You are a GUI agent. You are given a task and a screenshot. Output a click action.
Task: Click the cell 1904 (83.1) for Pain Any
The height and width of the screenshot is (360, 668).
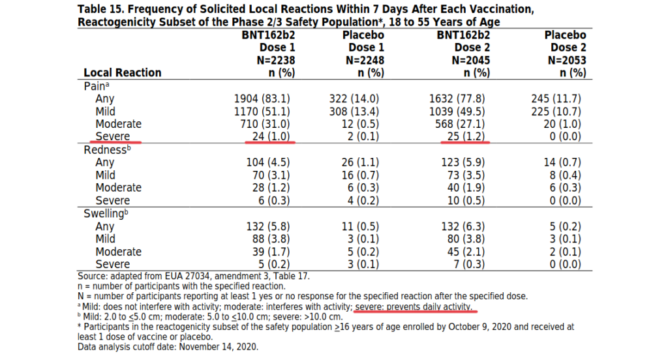262,99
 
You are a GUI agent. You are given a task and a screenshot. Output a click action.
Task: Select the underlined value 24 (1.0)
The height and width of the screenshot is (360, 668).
271,136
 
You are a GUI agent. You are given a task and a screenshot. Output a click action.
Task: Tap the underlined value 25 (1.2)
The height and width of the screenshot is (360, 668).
466,136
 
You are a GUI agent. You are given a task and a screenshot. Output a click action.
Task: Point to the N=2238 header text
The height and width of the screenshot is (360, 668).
276,60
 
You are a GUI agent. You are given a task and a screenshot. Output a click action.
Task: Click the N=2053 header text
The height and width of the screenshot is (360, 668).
567,60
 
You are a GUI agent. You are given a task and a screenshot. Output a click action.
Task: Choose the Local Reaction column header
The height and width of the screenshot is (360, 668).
123,73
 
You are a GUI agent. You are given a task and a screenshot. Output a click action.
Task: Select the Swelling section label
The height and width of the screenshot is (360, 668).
106,213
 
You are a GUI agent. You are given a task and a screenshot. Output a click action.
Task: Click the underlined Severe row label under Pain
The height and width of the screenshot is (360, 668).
112,136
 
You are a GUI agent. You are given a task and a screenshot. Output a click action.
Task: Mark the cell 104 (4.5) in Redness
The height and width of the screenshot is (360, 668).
268,162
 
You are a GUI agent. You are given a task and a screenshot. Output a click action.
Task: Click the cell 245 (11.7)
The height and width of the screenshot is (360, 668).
556,99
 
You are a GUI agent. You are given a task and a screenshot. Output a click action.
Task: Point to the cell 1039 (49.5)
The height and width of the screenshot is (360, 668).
457,112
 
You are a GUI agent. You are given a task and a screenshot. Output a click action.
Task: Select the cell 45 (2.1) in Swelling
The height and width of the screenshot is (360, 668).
466,252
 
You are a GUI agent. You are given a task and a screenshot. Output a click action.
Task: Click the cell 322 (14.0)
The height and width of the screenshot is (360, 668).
354,99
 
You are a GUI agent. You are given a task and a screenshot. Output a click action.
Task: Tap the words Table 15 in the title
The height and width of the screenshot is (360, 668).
99,9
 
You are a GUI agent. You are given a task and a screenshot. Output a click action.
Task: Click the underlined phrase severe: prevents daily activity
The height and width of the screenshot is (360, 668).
414,307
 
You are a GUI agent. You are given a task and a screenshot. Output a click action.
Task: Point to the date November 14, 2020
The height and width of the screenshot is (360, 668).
219,347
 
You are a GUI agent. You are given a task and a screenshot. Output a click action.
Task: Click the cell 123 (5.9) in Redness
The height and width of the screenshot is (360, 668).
463,162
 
